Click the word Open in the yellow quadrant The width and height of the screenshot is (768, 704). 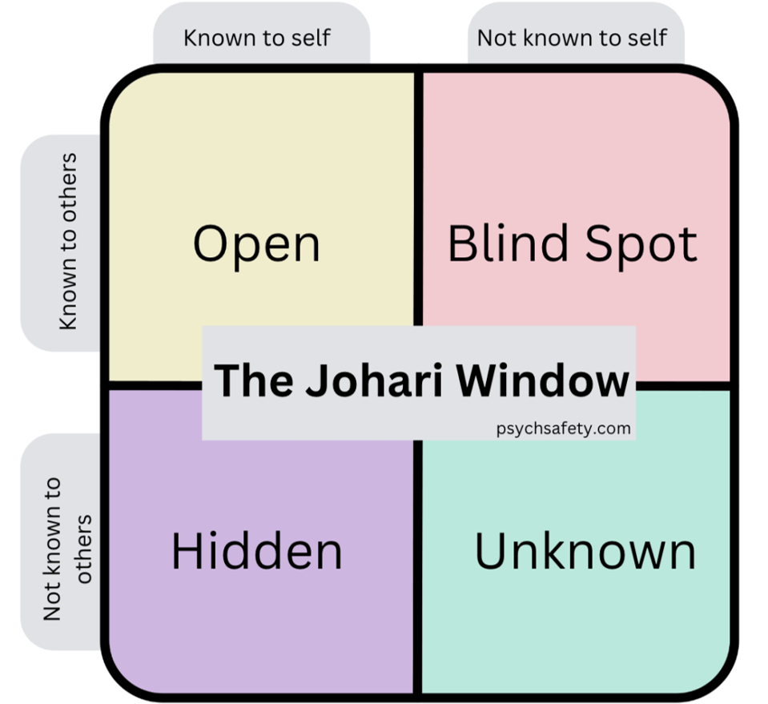[256, 245]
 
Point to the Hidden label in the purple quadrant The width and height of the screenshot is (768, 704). [256, 551]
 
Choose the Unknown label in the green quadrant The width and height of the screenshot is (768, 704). [585, 551]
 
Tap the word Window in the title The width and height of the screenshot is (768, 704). [543, 380]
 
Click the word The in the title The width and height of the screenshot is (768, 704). [254, 380]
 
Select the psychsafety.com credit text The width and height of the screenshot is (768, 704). [563, 428]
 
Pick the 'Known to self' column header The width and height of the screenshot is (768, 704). [257, 38]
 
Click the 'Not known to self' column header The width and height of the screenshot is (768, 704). [572, 38]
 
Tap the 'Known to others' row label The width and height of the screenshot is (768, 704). [68, 242]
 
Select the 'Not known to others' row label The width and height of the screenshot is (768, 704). [67, 549]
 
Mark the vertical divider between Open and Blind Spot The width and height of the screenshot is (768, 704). [418, 199]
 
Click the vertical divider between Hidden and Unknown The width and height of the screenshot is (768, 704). [418, 567]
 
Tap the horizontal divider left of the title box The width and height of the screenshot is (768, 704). [155, 386]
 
